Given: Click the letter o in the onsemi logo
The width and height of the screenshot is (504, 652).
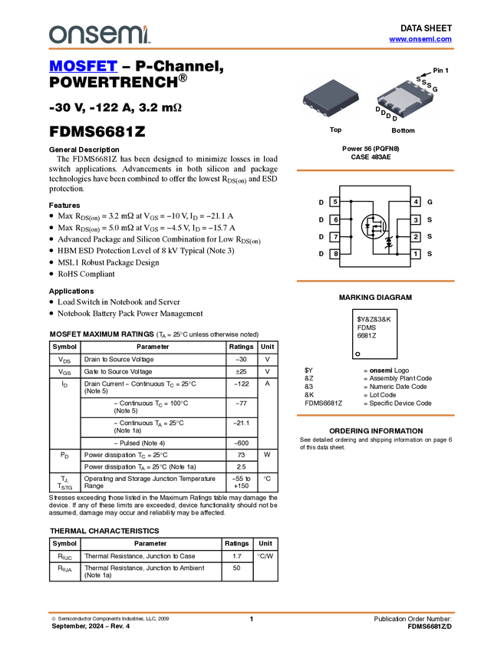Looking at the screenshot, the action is click(57, 35).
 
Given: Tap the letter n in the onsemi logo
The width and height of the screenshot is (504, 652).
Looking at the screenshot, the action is click(74, 35).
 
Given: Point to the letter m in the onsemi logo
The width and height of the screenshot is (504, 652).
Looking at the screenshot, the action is click(130, 35).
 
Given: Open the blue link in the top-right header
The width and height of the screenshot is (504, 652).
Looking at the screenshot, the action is click(420, 39).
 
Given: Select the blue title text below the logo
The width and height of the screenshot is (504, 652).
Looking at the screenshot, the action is click(83, 67).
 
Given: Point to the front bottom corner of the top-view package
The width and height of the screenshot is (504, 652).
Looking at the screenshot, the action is click(328, 114).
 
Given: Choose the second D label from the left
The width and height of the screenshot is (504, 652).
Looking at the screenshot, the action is click(383, 114).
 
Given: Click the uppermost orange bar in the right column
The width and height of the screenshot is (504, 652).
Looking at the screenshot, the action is click(375, 170).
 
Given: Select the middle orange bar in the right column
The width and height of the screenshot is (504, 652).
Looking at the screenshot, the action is click(375, 282).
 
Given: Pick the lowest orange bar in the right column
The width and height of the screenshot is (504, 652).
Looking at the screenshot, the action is click(375, 415).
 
